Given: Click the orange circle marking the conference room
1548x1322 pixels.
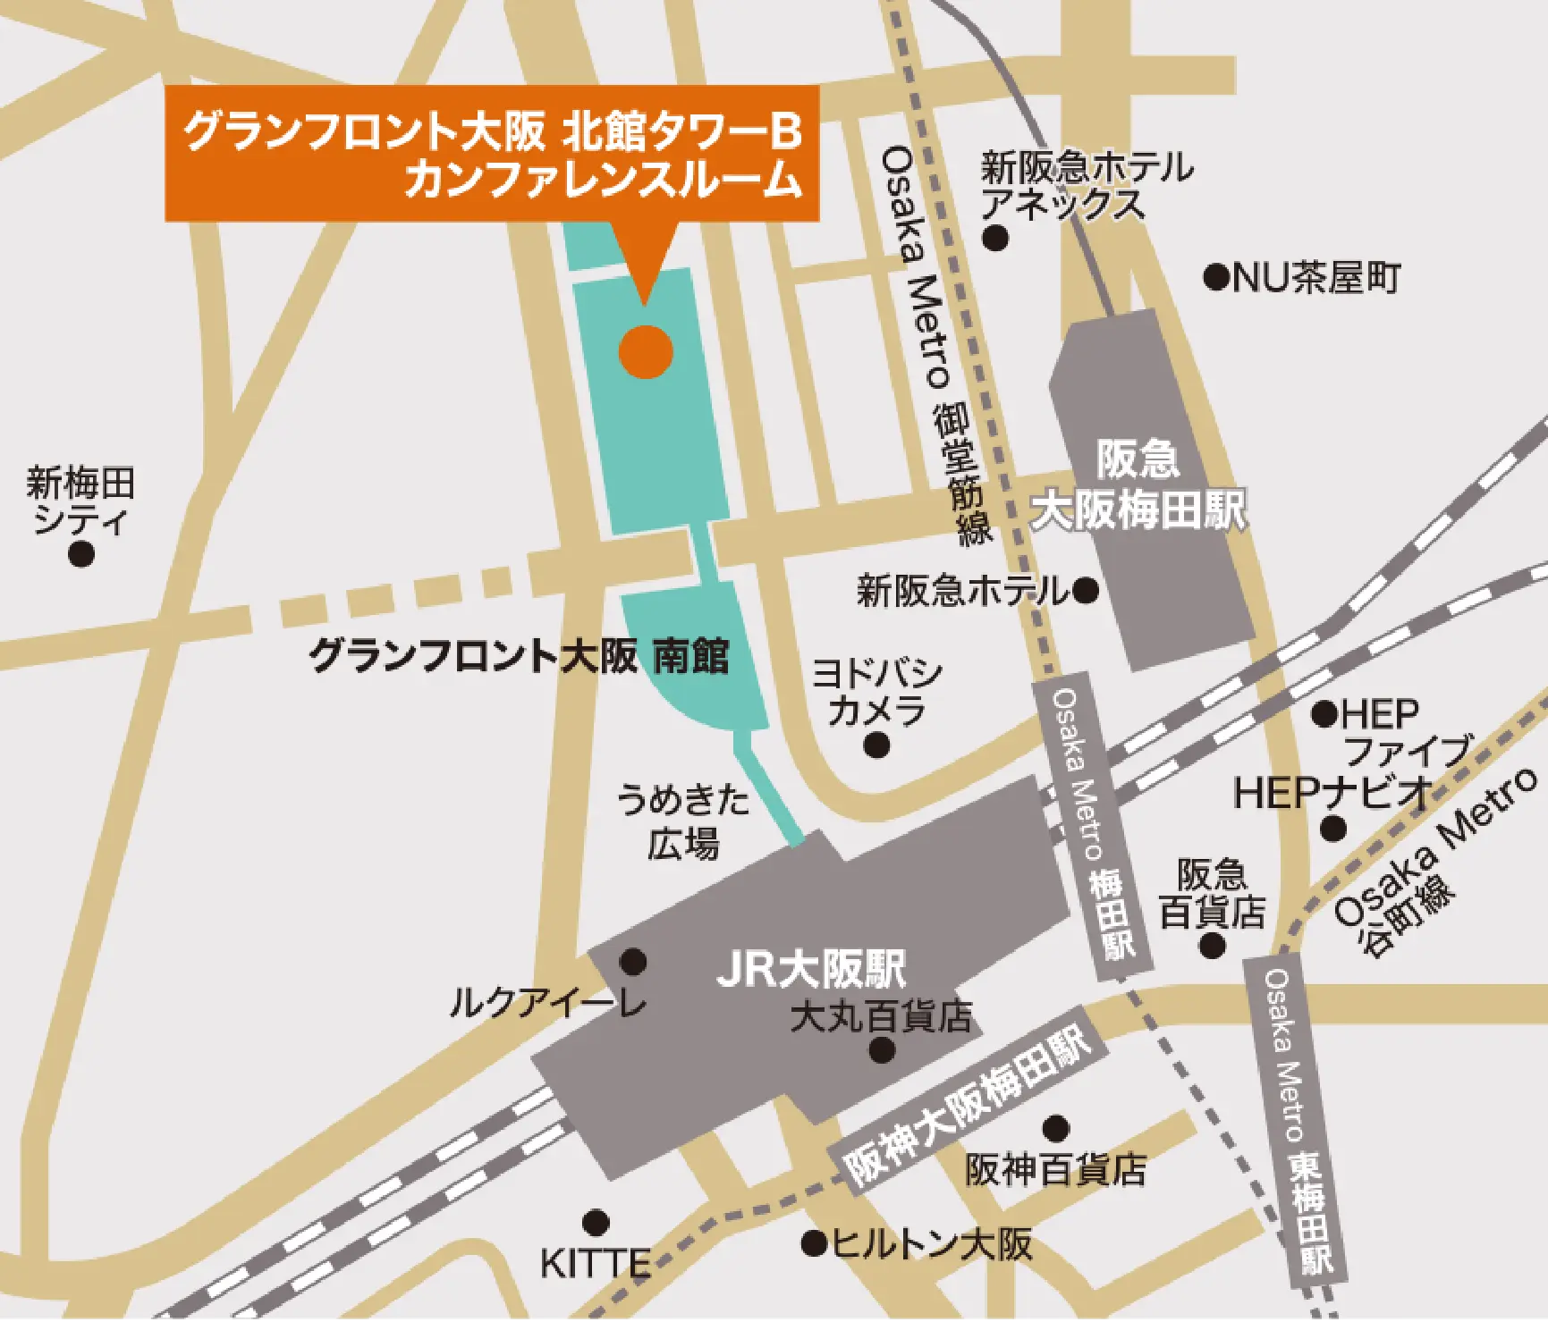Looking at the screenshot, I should point(646,352).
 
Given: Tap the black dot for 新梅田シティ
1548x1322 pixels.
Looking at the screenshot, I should point(81,554).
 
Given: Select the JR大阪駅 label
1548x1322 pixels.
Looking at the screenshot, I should point(811,969).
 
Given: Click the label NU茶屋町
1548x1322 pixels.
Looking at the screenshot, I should point(1316,279).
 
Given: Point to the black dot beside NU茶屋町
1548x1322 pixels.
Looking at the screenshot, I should point(1215,278).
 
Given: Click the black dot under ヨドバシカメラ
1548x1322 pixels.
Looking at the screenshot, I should point(876,744).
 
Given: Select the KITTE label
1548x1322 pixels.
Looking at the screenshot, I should point(596,1264).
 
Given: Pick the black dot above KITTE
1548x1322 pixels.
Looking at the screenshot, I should point(596,1222).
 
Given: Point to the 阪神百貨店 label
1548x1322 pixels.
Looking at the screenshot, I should point(1056,1169).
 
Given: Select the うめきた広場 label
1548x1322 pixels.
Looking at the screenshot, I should point(684,821).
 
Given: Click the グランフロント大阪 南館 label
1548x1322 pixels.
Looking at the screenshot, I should point(520,656).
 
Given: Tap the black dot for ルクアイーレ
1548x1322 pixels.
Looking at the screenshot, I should point(633,962).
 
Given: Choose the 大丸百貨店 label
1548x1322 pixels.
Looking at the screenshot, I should point(881,1016).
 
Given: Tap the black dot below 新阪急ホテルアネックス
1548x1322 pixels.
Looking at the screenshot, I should point(995,238).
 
